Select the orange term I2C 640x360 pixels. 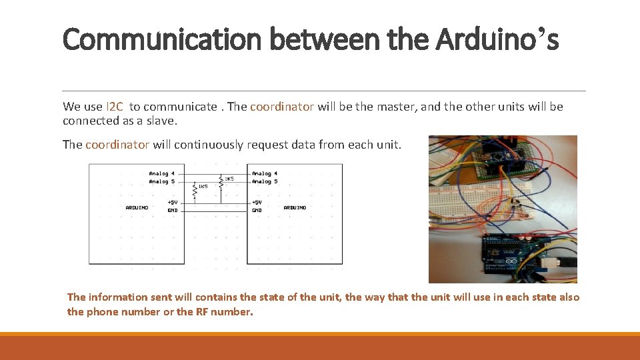click(115, 107)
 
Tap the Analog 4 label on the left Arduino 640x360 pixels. click(162, 173)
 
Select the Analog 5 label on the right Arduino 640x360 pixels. click(265, 181)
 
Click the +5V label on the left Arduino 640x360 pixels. click(172, 202)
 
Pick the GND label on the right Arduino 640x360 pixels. click(257, 210)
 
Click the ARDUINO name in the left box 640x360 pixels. click(137, 207)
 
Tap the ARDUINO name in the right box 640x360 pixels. click(295, 207)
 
